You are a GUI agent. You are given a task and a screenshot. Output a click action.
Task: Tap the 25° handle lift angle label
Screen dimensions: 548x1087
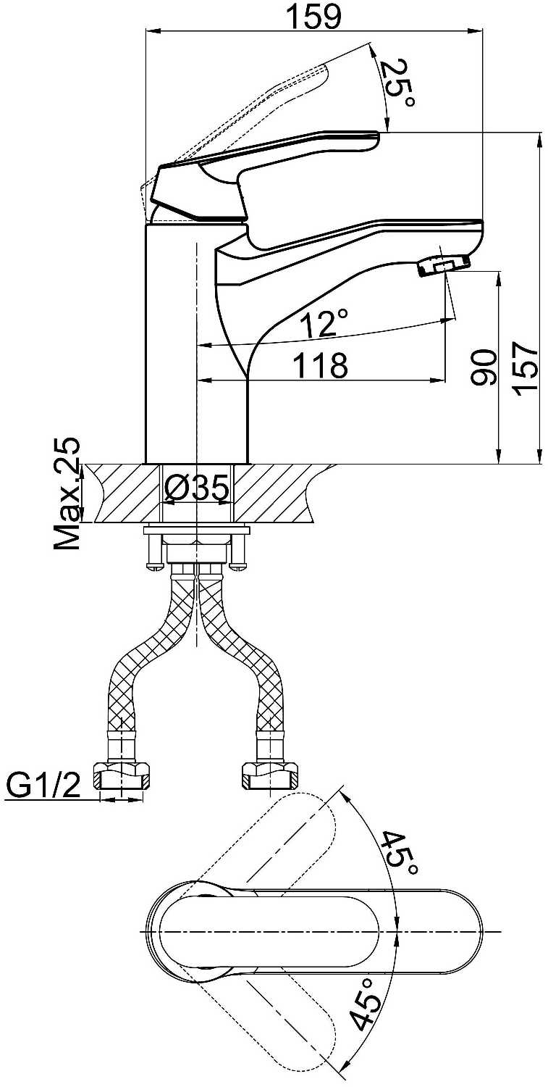point(399,84)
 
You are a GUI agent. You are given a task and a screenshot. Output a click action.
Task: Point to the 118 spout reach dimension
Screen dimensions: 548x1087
point(320,365)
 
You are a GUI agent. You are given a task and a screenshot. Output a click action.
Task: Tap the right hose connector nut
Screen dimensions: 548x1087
point(269,778)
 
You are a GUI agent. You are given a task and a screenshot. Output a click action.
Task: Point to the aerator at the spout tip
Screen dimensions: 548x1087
point(443,265)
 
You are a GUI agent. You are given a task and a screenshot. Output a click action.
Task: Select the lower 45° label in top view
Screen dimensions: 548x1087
point(366,1004)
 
